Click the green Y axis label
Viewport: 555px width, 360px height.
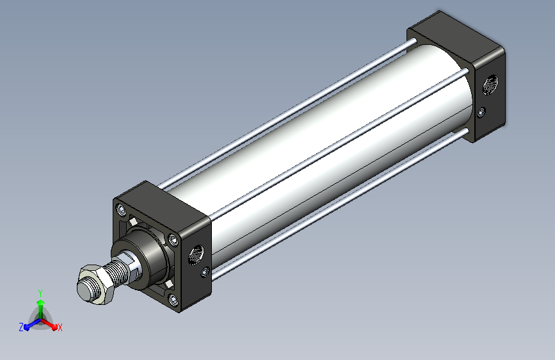40,293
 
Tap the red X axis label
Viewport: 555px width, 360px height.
60,328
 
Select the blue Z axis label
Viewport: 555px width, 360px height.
21,327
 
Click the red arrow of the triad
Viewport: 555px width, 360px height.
49,324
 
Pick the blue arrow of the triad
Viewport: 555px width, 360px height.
33,324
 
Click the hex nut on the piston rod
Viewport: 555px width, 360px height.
95,284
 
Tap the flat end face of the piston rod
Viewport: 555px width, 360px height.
84,290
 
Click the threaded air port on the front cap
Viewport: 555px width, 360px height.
195,254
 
